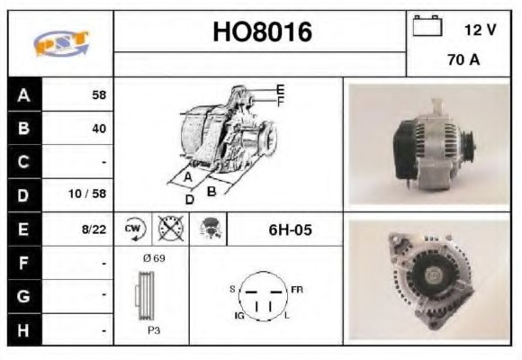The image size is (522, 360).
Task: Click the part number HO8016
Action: [261, 33]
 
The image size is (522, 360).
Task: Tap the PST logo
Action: [61, 42]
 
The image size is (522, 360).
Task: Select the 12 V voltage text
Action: [480, 29]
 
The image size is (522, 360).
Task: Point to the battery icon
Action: [428, 27]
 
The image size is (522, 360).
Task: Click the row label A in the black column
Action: [23, 94]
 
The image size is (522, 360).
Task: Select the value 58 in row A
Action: [98, 94]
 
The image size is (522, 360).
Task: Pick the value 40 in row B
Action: [98, 128]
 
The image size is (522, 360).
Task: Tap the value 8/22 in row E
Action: [94, 229]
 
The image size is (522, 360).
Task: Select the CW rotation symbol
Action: [134, 229]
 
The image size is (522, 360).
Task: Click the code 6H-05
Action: [291, 229]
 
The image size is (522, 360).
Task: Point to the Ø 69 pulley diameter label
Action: [153, 258]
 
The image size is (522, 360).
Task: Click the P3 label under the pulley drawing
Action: [153, 330]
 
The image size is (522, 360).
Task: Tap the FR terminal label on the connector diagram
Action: [297, 290]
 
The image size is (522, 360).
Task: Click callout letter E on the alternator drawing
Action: [280, 89]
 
